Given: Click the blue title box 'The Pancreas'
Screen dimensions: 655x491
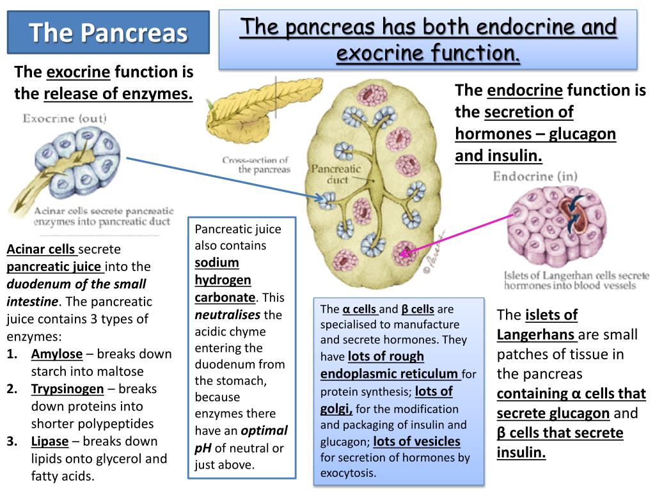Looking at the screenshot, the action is (x=108, y=33).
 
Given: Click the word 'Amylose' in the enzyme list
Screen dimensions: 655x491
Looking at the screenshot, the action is (x=57, y=354).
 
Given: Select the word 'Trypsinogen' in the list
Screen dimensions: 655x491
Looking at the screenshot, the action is (x=67, y=389).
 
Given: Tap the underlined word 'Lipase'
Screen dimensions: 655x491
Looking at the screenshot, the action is (x=50, y=441).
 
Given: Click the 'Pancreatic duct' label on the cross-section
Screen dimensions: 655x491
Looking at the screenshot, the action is (x=336, y=174).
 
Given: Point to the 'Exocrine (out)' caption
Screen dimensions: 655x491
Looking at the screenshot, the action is (x=65, y=118).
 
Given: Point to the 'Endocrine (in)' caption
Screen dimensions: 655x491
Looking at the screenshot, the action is (x=535, y=176).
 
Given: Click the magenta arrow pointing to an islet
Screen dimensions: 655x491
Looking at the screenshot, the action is (x=457, y=234).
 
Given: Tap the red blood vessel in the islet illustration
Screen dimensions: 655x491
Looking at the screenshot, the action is (x=571, y=215).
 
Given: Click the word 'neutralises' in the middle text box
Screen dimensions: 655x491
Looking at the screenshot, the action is (x=227, y=315).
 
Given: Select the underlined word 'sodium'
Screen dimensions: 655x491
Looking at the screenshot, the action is (x=217, y=263).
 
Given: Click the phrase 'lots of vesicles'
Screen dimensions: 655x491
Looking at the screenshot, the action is (x=416, y=441).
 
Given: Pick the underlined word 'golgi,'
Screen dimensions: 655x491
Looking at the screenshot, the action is (x=336, y=409).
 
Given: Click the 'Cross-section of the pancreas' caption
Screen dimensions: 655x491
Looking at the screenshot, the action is (x=256, y=165).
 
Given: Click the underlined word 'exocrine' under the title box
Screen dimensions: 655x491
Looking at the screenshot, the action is (x=78, y=72).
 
